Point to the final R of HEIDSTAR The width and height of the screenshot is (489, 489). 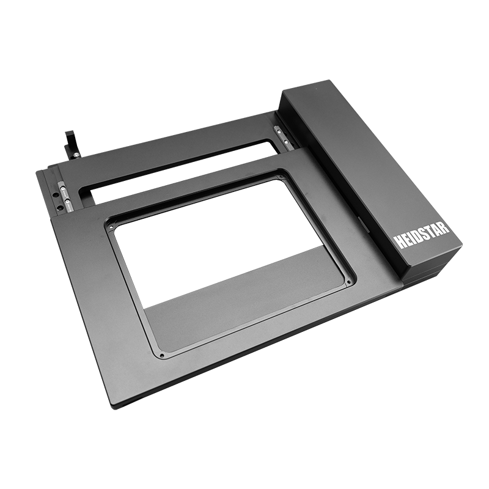pyautogui.click(x=446, y=226)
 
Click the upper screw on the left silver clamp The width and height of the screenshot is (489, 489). pyautogui.click(x=63, y=189)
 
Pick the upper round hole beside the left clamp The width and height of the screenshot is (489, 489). pyautogui.click(x=56, y=194)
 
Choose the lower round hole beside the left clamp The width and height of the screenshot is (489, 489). pyautogui.click(x=59, y=207)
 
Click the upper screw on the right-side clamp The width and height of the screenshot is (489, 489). pyautogui.click(x=277, y=128)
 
